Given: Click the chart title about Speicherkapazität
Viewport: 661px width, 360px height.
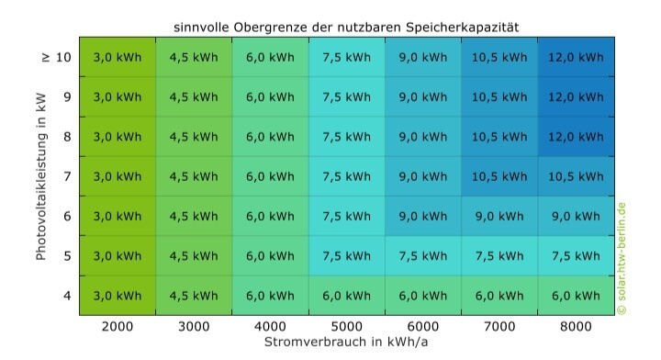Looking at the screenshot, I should coord(346,27).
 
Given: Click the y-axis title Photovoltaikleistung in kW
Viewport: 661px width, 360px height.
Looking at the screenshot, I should coord(41,175).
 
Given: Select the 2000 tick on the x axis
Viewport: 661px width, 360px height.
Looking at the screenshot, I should coord(118,325).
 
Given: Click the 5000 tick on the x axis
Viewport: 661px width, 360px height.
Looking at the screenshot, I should coord(346,325).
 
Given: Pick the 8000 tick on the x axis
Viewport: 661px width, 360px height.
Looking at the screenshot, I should coord(575,325).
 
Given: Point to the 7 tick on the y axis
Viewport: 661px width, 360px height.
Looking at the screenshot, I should coord(66,176).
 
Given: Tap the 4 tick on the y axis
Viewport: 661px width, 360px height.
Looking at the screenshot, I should coord(66,295).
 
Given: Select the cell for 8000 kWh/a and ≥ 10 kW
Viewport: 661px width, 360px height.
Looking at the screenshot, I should coord(575,57).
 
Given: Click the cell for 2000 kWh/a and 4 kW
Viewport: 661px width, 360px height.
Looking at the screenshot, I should coord(118,295).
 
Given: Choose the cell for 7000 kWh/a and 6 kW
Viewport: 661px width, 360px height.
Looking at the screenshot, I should coord(499,216).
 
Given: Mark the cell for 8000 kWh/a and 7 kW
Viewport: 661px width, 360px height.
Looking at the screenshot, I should coord(575,176).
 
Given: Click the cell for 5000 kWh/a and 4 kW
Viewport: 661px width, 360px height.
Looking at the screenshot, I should coord(346,295).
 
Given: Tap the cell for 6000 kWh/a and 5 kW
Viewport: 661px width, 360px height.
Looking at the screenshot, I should coord(422,255).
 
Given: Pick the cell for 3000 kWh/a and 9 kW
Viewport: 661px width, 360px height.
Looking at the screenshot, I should coord(194,96).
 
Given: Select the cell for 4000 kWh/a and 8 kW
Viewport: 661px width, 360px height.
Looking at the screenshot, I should coord(270,137).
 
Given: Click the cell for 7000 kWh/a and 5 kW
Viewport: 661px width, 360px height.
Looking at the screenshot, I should coord(499,255).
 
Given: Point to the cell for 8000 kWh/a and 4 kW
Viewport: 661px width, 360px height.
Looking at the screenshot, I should coord(575,295).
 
